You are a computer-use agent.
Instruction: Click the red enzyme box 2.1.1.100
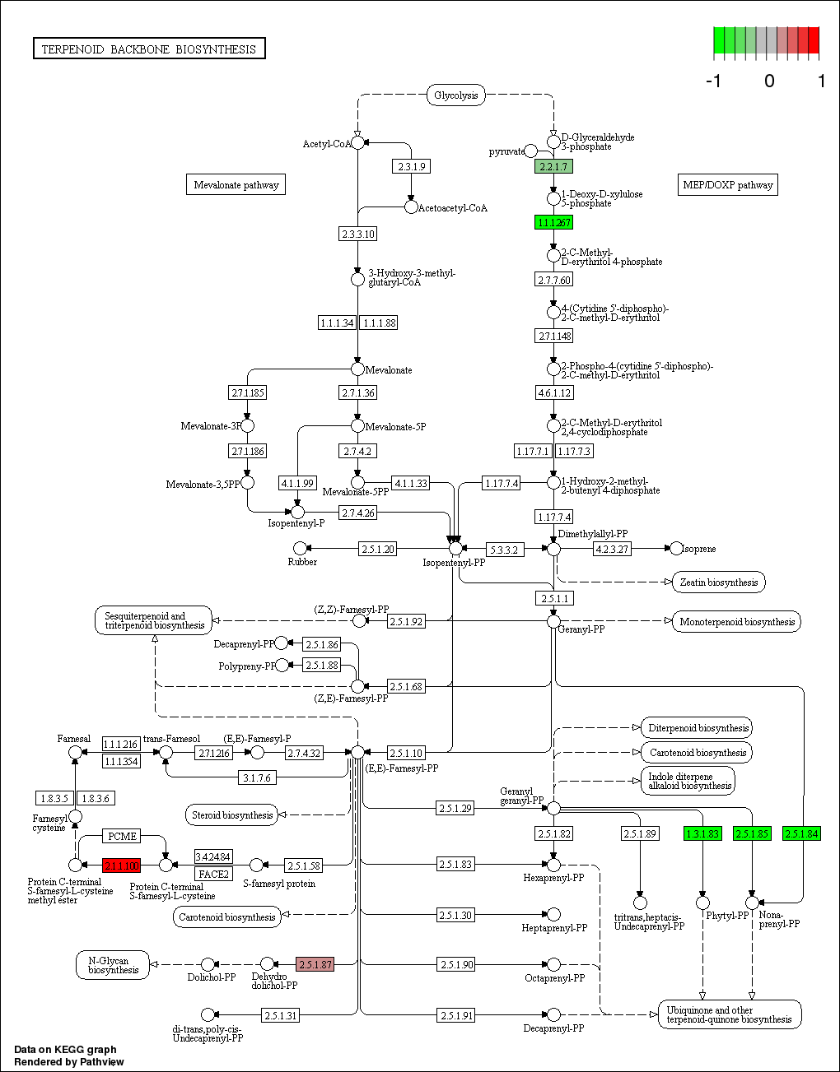pos(121,865)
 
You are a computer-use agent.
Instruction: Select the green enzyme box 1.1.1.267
pos(553,223)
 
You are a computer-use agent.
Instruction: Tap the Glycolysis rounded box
pos(455,95)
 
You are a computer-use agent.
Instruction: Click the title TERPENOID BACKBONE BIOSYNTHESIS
pos(149,49)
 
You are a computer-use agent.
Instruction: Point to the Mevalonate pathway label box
pos(236,185)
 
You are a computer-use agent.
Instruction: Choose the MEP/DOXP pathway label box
pos(728,185)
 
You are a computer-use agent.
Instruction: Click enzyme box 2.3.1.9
pos(411,167)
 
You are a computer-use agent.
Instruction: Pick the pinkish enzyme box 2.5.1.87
pos(315,965)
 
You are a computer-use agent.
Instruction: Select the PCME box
pos(122,837)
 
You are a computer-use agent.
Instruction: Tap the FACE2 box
pos(213,874)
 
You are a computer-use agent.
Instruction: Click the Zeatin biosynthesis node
pos(718,582)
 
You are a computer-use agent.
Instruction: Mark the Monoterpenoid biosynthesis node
pos(737,622)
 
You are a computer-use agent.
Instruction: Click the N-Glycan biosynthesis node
pos(113,965)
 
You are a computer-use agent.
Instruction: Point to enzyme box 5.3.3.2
pos(503,550)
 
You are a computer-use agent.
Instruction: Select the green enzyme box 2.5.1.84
pos(801,834)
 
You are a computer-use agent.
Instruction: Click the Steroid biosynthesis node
pos(232,815)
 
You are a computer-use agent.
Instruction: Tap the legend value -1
pos(714,81)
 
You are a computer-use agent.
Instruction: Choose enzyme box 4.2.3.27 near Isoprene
pos(612,549)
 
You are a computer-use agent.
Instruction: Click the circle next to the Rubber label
pos(300,548)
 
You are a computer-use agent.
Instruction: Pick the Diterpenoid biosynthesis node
pos(698,728)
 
